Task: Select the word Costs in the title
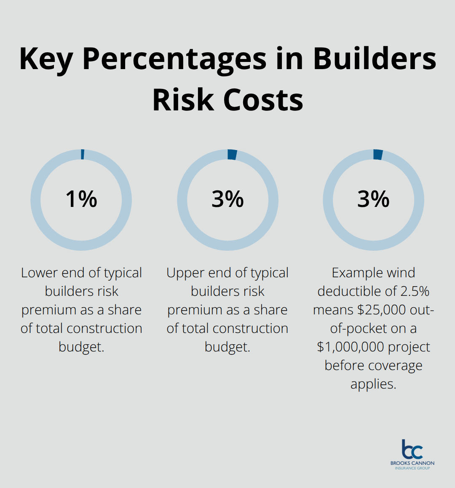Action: click(x=263, y=100)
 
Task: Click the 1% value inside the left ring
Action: click(x=81, y=199)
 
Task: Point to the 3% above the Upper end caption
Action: click(x=227, y=199)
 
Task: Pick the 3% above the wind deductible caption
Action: click(x=373, y=199)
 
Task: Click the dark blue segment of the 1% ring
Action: click(x=83, y=154)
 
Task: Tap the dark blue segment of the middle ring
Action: click(x=232, y=155)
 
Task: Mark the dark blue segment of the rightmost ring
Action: click(x=378, y=155)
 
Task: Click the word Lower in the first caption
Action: click(x=40, y=273)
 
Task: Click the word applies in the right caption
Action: click(x=373, y=384)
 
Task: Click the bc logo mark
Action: click(x=412, y=450)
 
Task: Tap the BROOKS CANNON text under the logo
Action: click(x=412, y=463)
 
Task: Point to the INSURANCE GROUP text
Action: click(x=412, y=468)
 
